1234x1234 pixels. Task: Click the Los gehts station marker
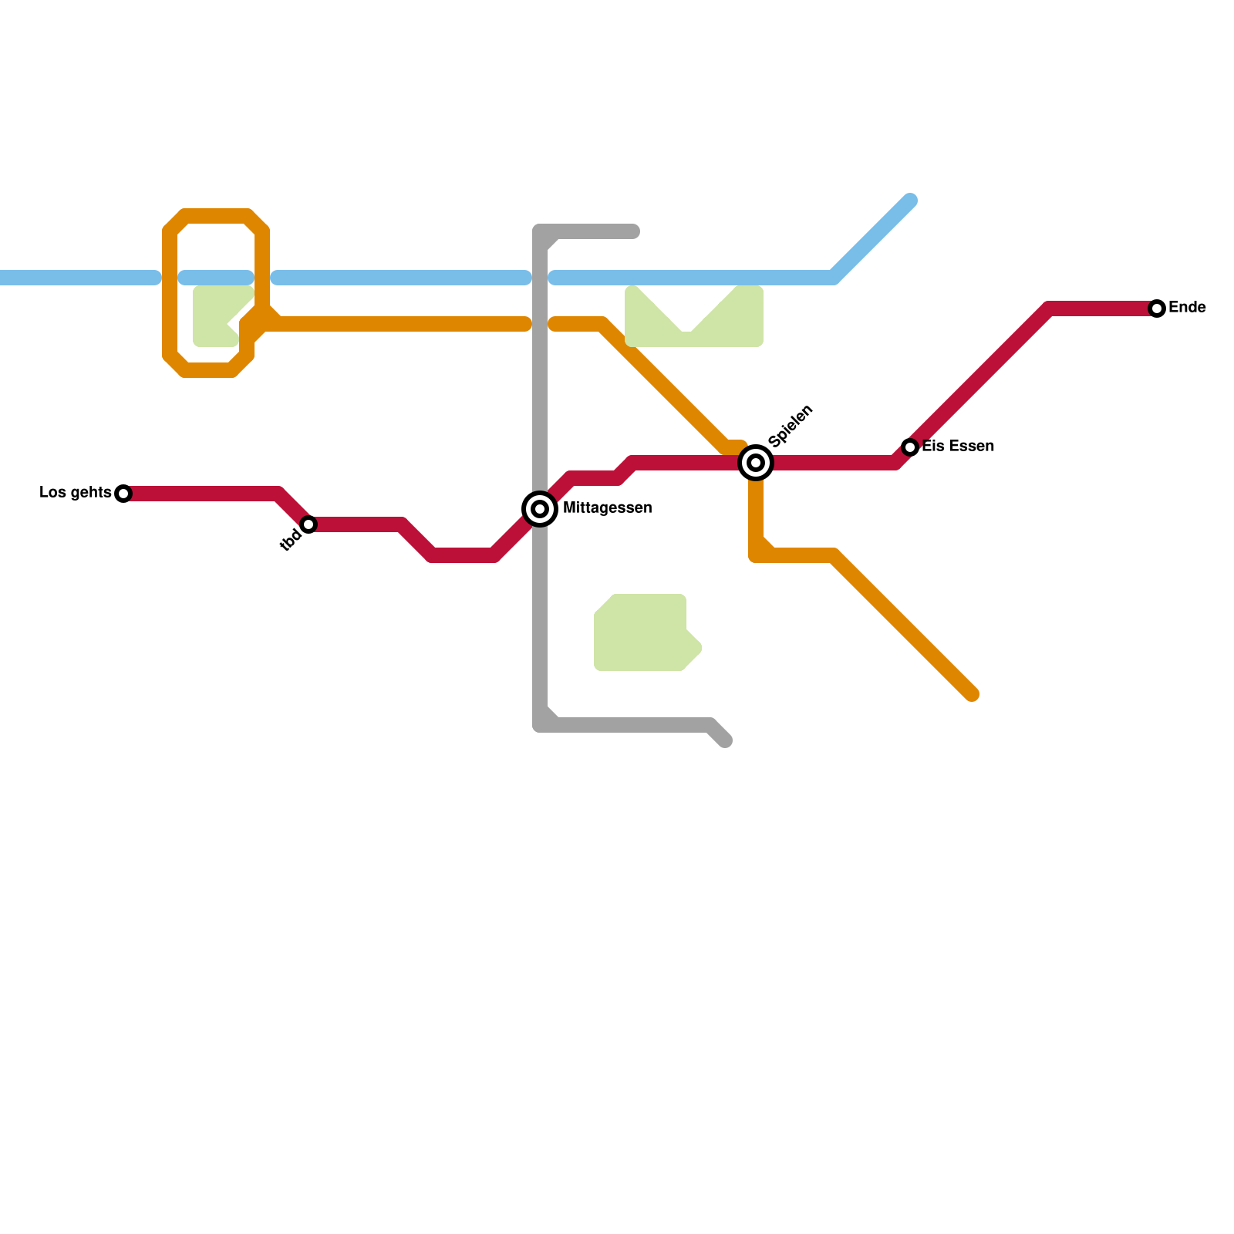click(123, 494)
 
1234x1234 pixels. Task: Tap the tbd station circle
click(308, 524)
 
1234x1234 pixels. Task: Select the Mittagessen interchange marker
click(540, 509)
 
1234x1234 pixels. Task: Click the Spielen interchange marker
click(756, 463)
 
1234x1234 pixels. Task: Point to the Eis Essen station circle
click(910, 447)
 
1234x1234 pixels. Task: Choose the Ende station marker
click(1156, 308)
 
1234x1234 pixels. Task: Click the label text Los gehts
click(75, 493)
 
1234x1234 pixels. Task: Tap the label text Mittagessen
click(607, 508)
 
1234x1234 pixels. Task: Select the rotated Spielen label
click(791, 425)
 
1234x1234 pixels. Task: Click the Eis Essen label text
click(958, 447)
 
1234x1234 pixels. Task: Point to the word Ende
click(1187, 308)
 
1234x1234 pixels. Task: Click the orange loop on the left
click(170, 293)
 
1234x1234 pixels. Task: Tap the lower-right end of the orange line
click(973, 695)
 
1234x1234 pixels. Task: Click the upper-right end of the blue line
click(911, 201)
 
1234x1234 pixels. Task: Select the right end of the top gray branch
click(634, 231)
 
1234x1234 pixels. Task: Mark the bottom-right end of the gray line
click(725, 742)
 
